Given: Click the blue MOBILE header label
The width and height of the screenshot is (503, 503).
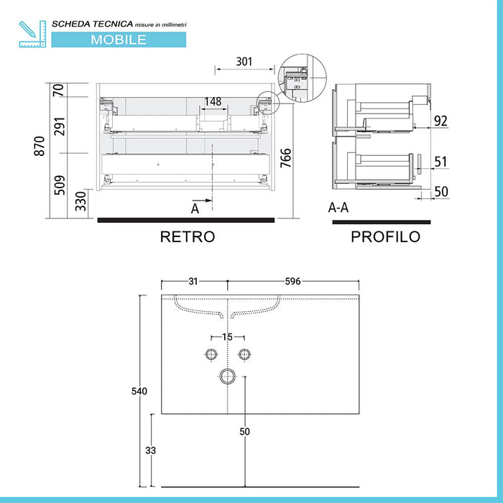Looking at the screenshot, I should [119, 40].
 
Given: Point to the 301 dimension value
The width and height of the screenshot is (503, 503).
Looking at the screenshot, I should [244, 62].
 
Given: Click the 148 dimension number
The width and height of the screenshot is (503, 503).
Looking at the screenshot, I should [213, 101].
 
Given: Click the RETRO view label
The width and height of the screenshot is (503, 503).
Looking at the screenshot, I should [187, 236].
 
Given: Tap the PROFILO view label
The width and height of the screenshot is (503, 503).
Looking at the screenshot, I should [385, 236].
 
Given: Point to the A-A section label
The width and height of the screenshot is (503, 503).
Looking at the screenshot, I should [339, 208].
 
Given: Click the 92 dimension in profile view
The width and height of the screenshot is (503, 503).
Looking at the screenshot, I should [440, 121].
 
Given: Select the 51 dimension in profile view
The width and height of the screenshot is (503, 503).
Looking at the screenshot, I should [440, 162].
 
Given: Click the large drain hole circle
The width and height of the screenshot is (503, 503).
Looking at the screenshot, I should [229, 375].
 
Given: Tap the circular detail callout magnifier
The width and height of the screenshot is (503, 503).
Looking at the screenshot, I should [302, 81].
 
